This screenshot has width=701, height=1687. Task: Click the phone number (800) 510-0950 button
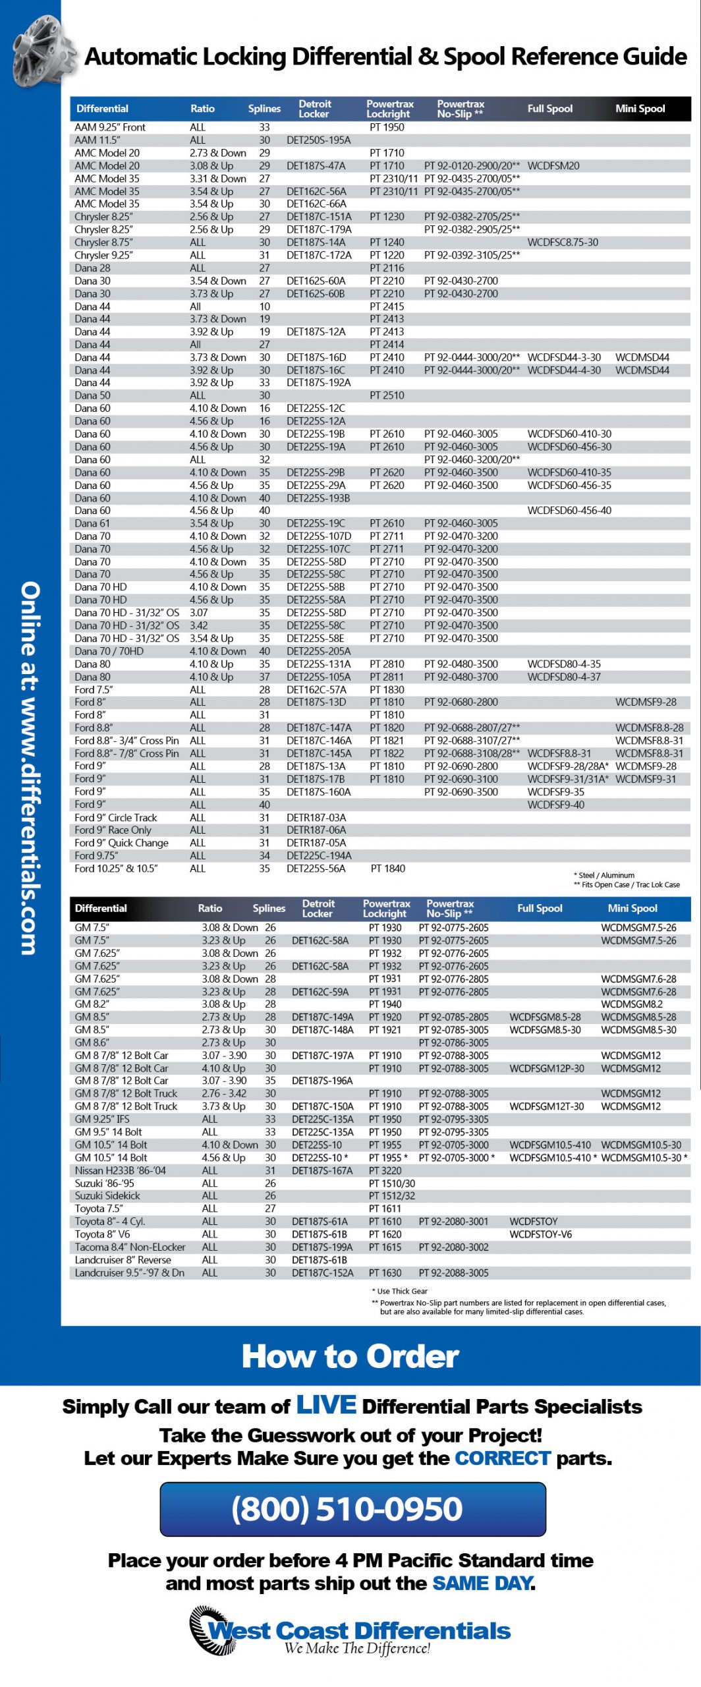click(352, 1509)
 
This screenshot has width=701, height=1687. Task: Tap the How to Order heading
click(350, 1357)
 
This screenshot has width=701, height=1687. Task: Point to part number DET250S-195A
click(318, 140)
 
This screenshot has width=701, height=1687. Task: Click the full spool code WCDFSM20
click(553, 166)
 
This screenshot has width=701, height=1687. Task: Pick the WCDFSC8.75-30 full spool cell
click(563, 243)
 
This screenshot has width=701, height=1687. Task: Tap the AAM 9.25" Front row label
click(110, 127)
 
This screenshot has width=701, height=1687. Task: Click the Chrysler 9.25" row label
click(103, 255)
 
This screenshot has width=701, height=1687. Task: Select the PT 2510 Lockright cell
click(387, 395)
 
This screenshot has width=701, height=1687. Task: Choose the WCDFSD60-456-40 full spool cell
click(569, 511)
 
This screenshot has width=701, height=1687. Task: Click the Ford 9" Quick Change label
click(121, 843)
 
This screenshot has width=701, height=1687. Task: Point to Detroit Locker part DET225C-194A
click(319, 855)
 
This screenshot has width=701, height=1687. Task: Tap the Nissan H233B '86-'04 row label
click(121, 1170)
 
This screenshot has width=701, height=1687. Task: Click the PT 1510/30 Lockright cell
click(391, 1184)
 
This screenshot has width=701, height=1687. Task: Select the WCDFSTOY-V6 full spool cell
click(540, 1234)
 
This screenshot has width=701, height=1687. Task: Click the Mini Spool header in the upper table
click(640, 109)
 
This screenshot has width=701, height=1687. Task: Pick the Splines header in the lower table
click(269, 908)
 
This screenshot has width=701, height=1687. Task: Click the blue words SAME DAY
click(482, 1583)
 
